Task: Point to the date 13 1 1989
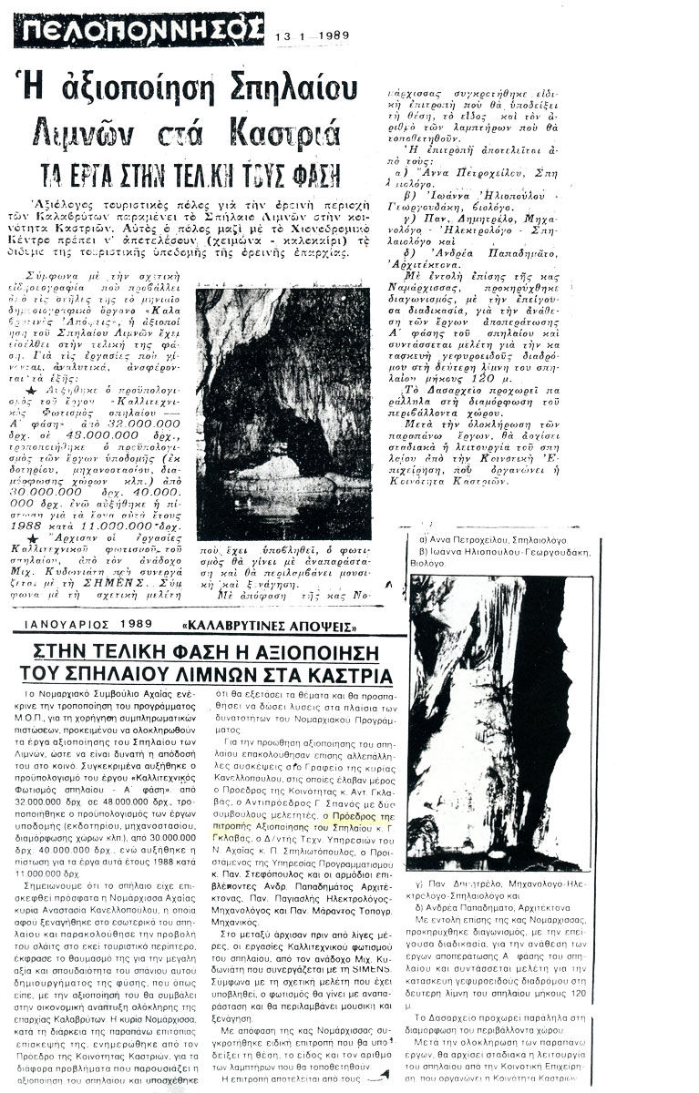pyautogui.click(x=313, y=36)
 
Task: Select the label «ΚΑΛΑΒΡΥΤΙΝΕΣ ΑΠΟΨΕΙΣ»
pyautogui.click(x=271, y=626)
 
